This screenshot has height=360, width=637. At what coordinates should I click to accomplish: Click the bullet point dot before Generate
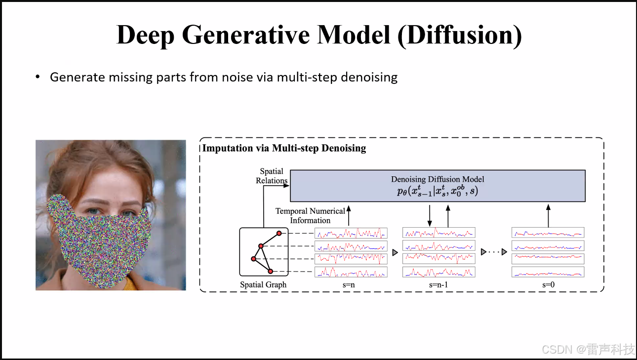37,78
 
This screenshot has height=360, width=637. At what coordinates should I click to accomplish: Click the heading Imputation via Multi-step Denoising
284,148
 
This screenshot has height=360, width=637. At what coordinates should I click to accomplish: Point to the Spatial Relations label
271,176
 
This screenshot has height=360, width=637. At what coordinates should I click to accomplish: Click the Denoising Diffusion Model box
438,186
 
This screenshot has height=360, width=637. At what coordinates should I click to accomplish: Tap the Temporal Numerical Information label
310,216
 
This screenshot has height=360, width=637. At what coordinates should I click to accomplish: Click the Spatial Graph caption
263,284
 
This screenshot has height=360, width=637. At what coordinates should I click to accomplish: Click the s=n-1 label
438,284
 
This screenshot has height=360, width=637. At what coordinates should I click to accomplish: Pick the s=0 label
548,284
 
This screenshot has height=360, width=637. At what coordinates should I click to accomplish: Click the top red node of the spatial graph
279,233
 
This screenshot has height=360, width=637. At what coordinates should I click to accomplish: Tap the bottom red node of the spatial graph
270,271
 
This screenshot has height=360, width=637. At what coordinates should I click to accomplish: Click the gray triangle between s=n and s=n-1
395,252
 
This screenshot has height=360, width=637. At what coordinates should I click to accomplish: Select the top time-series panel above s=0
548,233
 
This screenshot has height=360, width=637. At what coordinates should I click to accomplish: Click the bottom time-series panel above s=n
351,272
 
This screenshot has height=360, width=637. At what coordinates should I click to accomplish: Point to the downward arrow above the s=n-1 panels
430,215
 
